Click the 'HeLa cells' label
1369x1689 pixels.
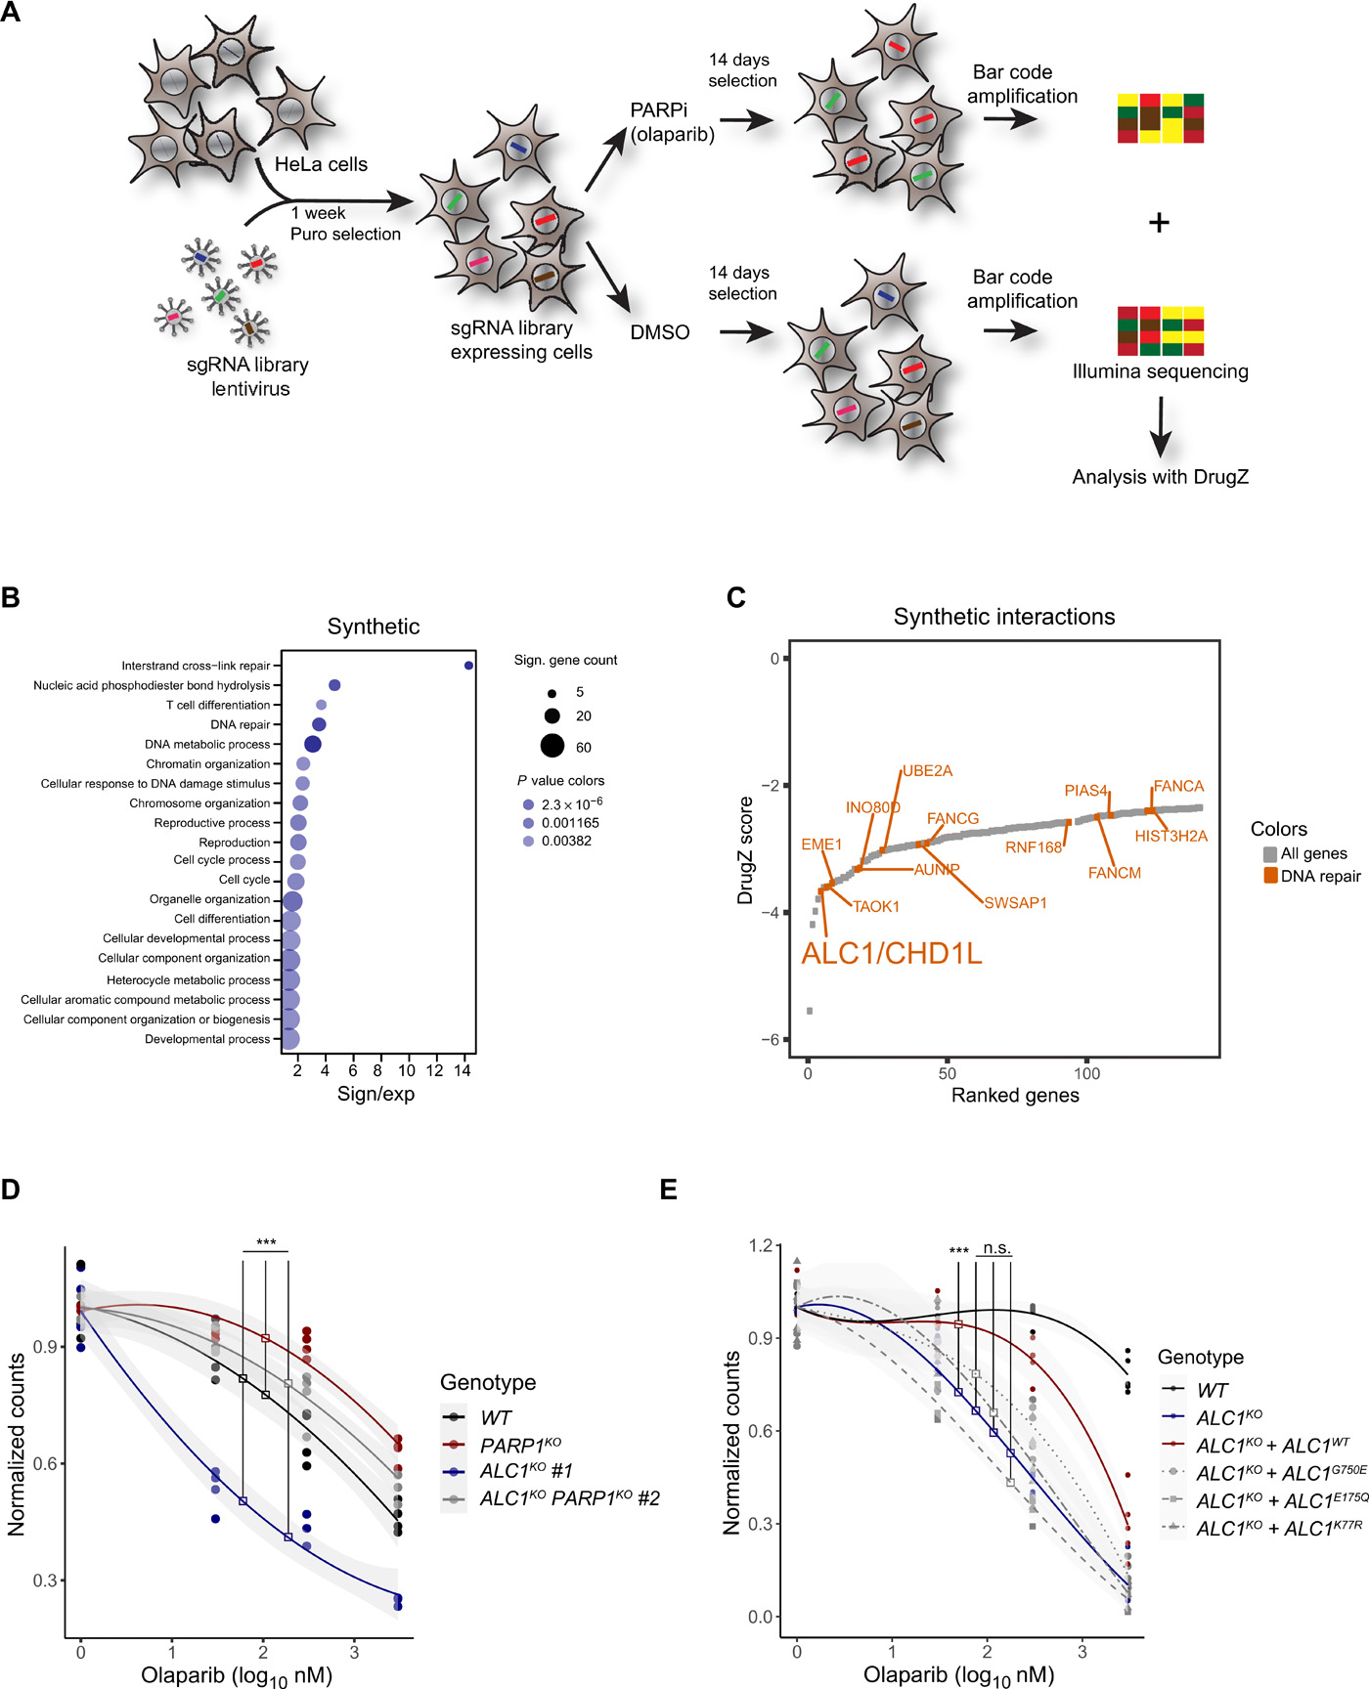click(x=321, y=164)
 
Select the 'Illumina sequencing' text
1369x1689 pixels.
click(x=1160, y=371)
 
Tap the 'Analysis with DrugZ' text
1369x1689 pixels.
click(x=1160, y=477)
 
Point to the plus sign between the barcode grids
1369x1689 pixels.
click(x=1159, y=223)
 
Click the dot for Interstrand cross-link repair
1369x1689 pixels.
click(x=469, y=666)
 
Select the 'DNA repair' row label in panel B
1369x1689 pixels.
click(x=240, y=724)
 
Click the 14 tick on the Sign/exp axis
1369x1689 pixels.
click(x=463, y=1070)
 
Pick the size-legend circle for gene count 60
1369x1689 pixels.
click(x=552, y=747)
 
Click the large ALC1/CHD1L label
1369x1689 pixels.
click(x=891, y=954)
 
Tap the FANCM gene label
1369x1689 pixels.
click(x=1114, y=873)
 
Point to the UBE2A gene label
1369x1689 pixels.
click(x=927, y=771)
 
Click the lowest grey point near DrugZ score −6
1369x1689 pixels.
click(x=810, y=1011)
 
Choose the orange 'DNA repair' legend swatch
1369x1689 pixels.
click(x=1270, y=876)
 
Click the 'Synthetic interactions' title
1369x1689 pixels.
click(x=1004, y=617)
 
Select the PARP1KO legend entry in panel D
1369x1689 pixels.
click(x=520, y=1445)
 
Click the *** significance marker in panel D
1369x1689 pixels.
click(x=266, y=1243)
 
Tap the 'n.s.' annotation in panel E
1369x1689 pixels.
click(x=996, y=1249)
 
